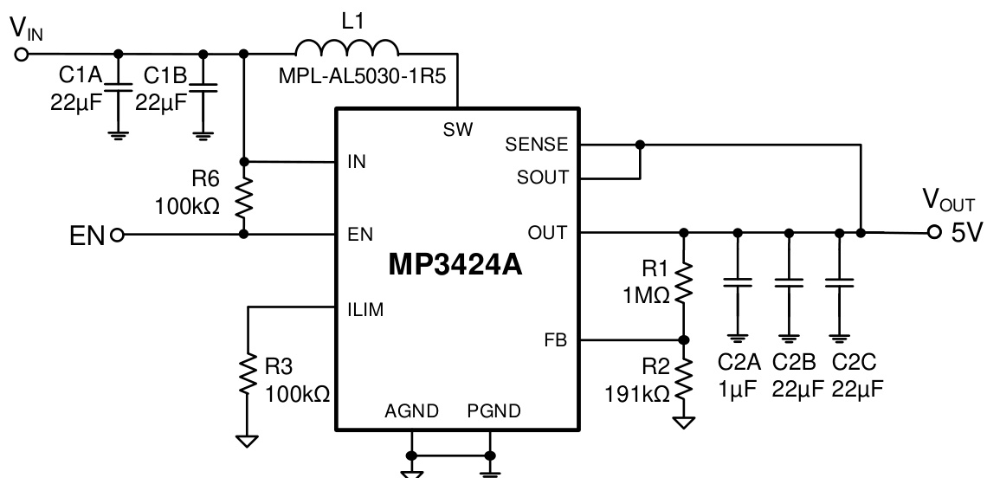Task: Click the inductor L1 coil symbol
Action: pyautogui.click(x=347, y=47)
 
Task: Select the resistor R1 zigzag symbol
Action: pyautogui.click(x=684, y=285)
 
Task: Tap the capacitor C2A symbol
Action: pyautogui.click(x=738, y=282)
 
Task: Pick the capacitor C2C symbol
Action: pyautogui.click(x=838, y=282)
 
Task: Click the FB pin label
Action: pyautogui.click(x=556, y=340)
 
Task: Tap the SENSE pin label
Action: pyautogui.click(x=538, y=144)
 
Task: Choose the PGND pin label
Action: pyautogui.click(x=493, y=411)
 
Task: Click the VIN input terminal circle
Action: pyautogui.click(x=22, y=54)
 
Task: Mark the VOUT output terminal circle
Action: pyautogui.click(x=934, y=232)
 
